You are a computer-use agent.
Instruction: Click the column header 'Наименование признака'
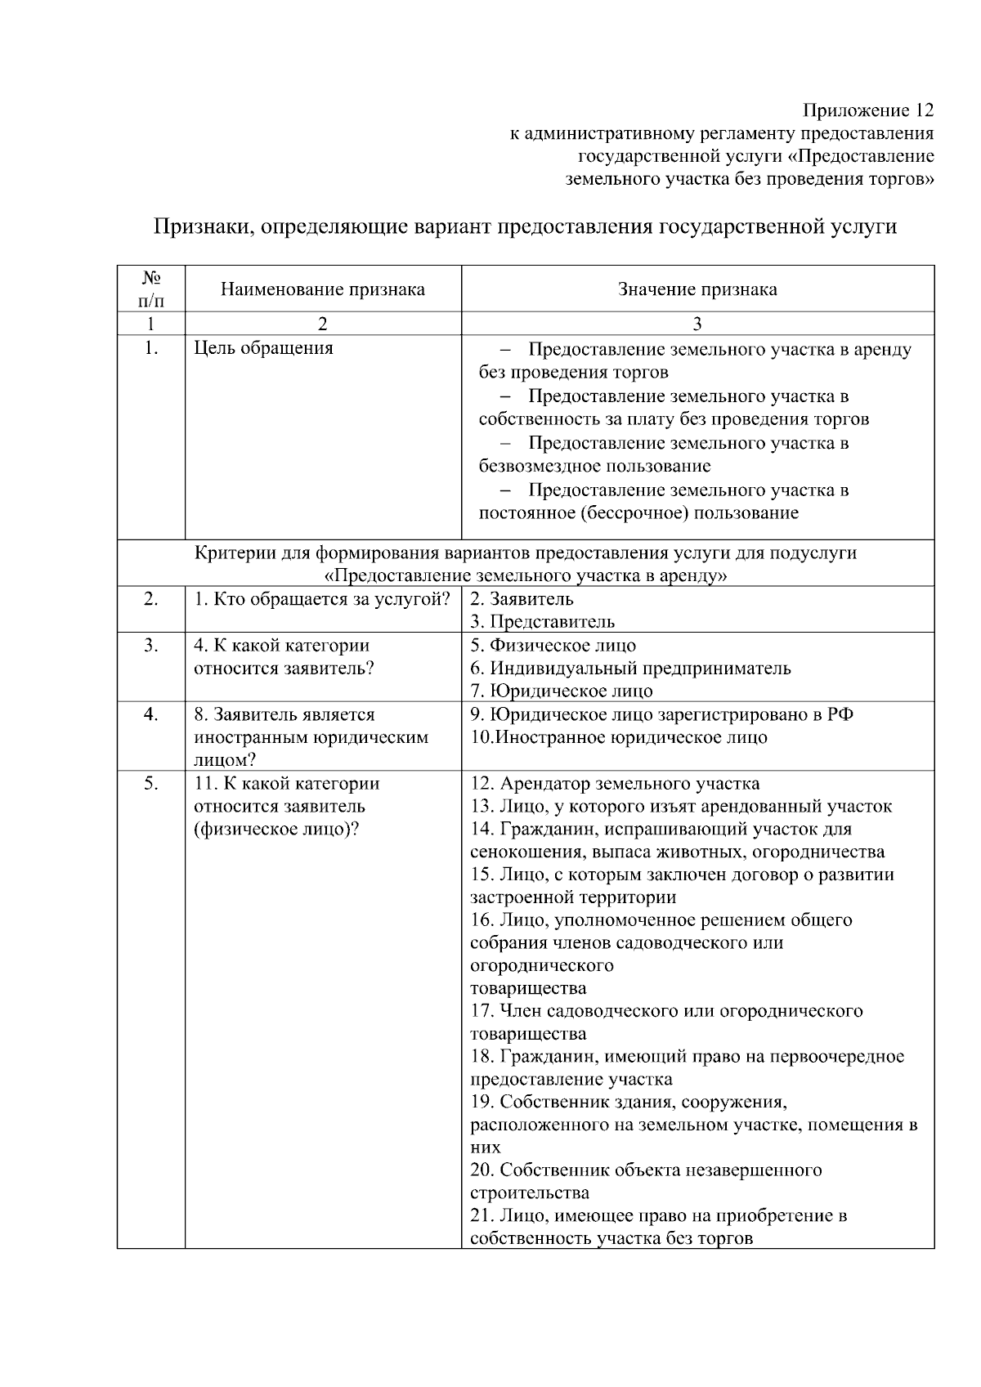(322, 289)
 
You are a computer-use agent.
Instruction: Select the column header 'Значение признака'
(697, 289)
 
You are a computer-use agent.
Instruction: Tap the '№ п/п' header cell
(150, 289)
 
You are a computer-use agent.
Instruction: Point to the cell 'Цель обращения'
(263, 348)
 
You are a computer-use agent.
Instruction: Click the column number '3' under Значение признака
(697, 324)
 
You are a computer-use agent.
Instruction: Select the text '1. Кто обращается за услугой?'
(322, 599)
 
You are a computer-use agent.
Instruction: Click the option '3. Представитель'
(542, 622)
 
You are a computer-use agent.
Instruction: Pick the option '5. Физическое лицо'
(553, 646)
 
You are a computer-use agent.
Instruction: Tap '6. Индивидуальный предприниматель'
(630, 669)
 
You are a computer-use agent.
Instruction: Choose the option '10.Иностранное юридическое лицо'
(619, 737)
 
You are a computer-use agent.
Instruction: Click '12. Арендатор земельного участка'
(615, 784)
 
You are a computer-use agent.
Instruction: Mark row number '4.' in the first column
(150, 714)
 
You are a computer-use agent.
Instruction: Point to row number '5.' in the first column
(150, 784)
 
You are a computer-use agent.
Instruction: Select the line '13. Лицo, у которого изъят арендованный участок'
(681, 807)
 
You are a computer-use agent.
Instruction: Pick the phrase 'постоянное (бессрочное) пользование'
(638, 513)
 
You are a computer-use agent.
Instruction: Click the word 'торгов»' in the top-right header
(903, 179)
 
